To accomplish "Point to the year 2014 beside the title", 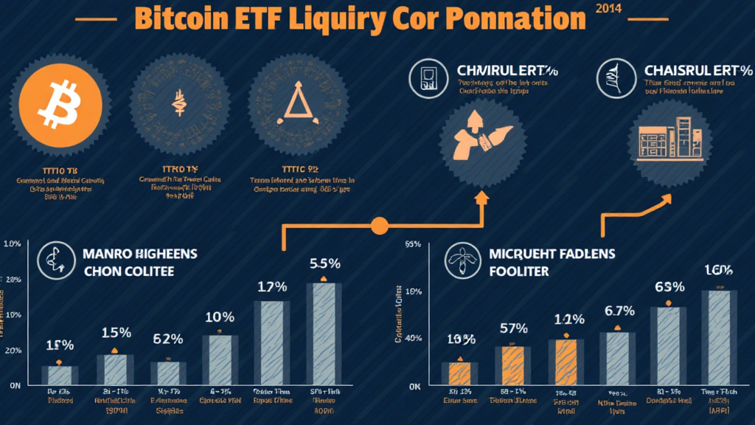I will [607, 9].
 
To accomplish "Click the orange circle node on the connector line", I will [380, 225].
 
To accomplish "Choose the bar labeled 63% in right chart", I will [668, 345].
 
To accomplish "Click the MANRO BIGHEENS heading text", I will [139, 254].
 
